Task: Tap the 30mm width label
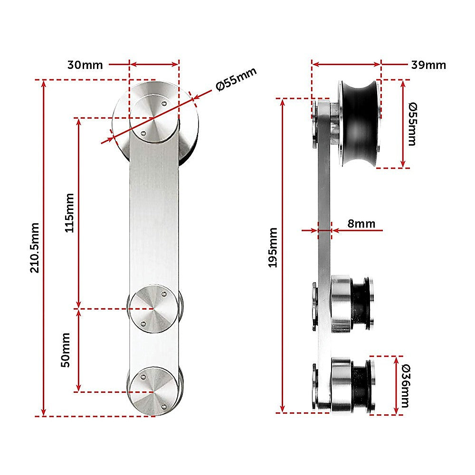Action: point(85,65)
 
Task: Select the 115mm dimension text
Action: point(69,212)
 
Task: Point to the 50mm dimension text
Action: point(66,350)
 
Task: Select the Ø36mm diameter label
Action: point(405,386)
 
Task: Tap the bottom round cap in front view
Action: point(153,391)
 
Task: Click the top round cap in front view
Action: point(154,116)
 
